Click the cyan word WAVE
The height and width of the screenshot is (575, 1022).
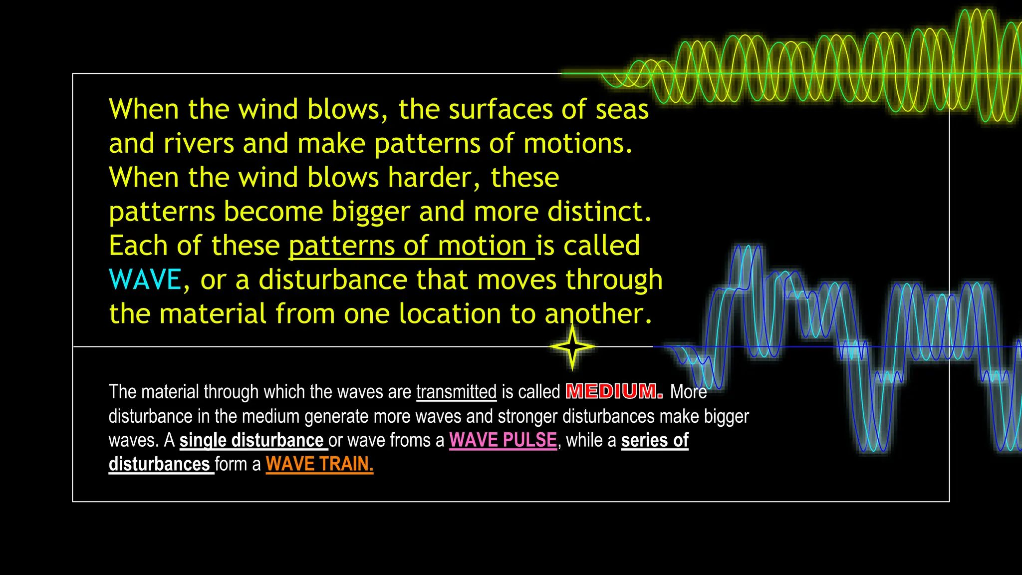tap(145, 280)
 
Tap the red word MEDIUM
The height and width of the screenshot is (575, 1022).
tap(614, 391)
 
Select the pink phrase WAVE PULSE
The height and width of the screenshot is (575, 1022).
tap(503, 440)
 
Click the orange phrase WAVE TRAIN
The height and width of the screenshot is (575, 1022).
tap(319, 464)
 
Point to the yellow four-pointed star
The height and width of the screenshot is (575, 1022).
tap(572, 346)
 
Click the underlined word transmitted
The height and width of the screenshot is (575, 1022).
tap(457, 392)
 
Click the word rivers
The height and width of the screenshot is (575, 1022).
tap(199, 144)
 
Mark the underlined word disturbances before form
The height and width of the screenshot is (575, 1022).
tap(159, 464)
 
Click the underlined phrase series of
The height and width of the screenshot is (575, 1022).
tap(655, 440)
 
